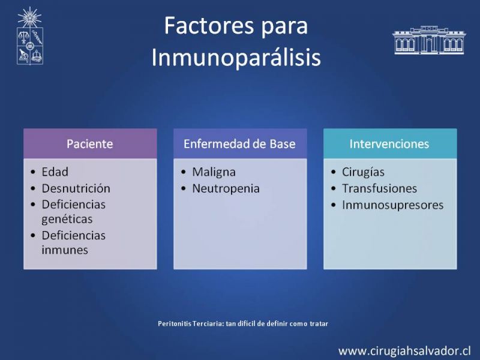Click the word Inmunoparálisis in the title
coord(236,57)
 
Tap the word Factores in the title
coord(209,25)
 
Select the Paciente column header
coord(90,144)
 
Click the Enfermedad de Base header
coord(239,144)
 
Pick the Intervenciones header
coord(390,144)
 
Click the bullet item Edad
coord(55,172)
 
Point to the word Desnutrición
coord(76,188)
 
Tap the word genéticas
coord(67,220)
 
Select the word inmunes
coord(65,250)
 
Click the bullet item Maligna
coord(214,172)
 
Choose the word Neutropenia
coord(226,189)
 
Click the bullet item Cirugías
coord(363,172)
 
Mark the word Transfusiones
coord(379,188)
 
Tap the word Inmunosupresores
coord(393,205)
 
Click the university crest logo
coord(29,36)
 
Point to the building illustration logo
coord(429,40)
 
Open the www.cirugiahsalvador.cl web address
coord(404,351)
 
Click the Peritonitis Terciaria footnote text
coord(243,323)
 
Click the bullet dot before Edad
coord(33,172)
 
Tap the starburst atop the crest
coord(29,17)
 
